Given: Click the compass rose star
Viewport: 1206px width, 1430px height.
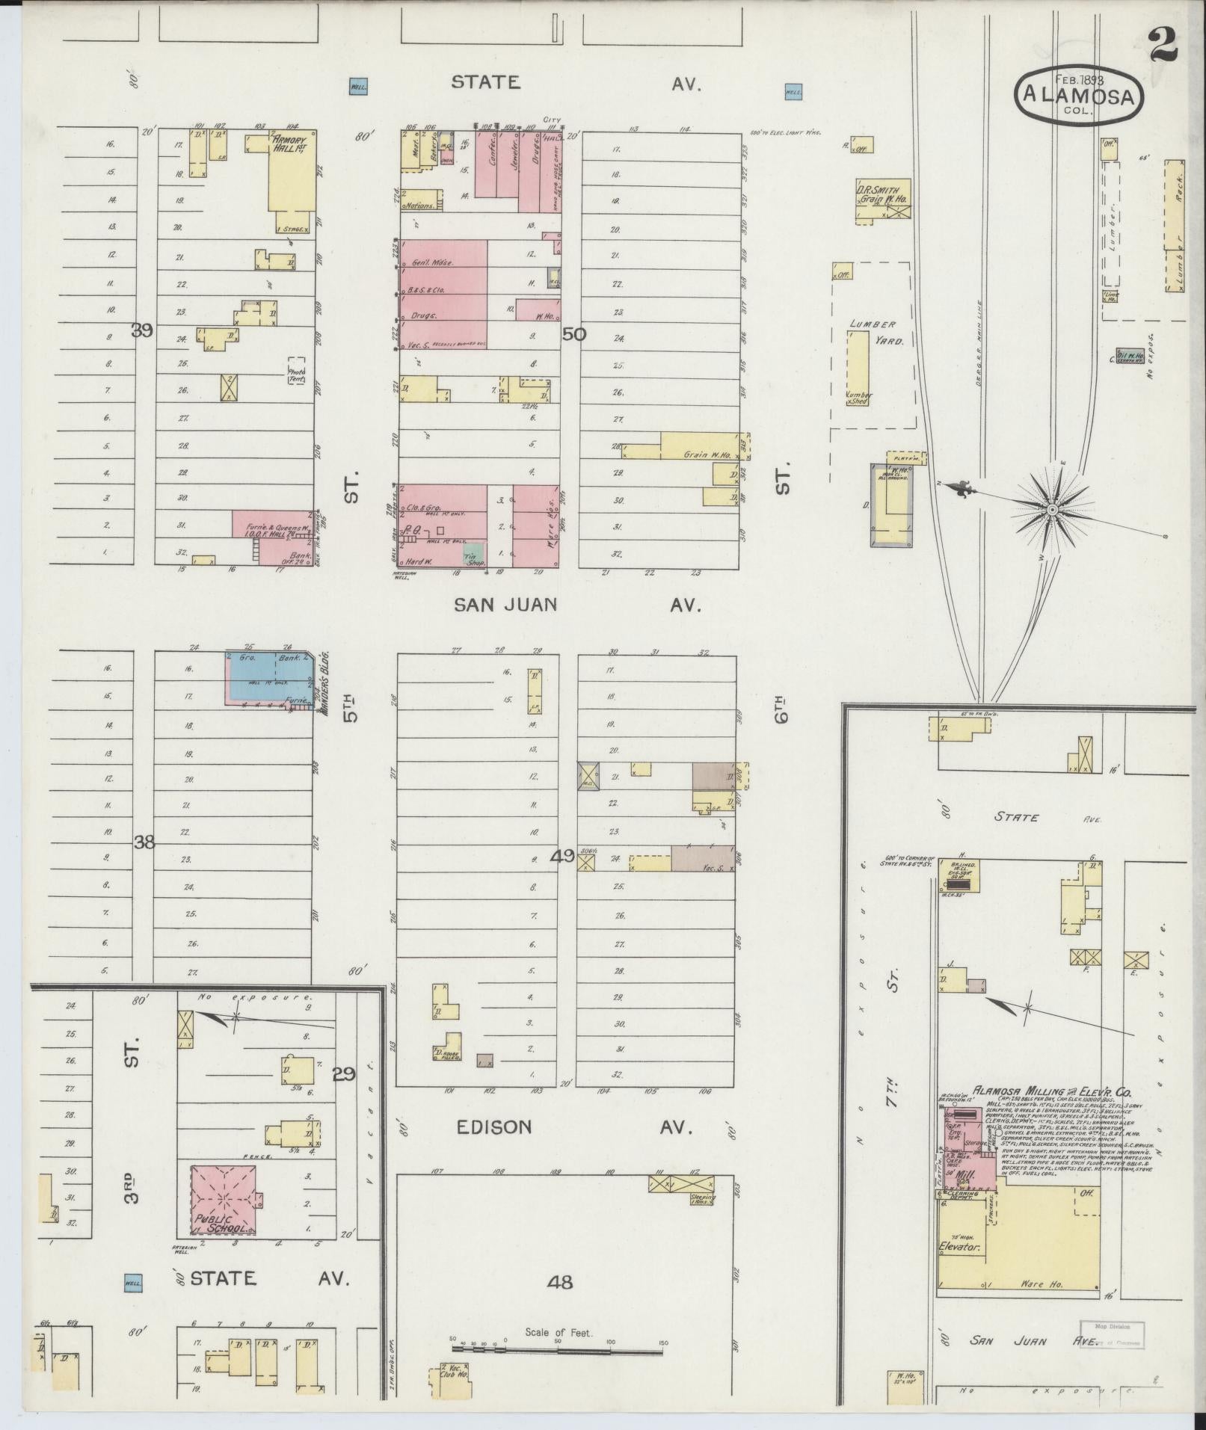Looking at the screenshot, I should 1052,510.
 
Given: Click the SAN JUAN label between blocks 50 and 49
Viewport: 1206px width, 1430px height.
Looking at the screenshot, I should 505,604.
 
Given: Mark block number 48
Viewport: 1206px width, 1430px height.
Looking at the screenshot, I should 560,1282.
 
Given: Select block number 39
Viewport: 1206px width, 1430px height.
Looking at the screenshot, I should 143,330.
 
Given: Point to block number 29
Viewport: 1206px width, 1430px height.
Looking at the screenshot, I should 344,1075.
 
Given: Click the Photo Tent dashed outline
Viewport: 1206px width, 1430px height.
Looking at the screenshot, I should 297,369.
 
